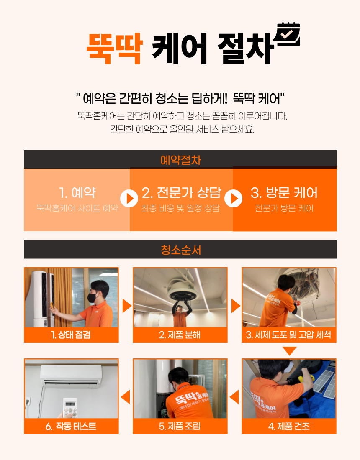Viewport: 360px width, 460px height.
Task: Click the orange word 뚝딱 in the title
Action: point(115,49)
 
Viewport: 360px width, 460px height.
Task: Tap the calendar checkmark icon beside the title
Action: point(287,35)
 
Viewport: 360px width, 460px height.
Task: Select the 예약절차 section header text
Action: point(180,160)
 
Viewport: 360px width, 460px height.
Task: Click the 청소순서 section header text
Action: point(180,250)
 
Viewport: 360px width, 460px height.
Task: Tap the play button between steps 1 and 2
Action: point(129,199)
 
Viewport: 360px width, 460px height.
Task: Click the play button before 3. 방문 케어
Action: point(234,199)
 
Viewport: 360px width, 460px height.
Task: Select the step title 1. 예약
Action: point(77,193)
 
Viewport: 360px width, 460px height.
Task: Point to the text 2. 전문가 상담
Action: point(181,193)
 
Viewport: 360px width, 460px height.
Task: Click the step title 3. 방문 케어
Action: point(284,193)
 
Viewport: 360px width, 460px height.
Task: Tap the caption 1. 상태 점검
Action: point(71,335)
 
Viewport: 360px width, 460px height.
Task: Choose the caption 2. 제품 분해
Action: point(180,335)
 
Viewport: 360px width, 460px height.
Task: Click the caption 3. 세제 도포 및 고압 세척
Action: point(289,335)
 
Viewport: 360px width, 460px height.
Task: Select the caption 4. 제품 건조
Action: point(289,426)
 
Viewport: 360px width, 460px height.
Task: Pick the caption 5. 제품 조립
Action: point(180,426)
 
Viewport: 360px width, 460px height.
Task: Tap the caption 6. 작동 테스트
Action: point(71,426)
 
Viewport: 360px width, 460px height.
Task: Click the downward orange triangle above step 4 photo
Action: point(290,351)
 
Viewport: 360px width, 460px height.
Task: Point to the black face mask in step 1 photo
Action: point(92,297)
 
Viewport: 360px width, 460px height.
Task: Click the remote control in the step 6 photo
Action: point(70,408)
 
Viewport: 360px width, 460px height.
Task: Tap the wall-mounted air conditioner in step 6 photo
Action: point(71,375)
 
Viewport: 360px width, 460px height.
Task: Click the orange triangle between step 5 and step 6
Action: point(126,397)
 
